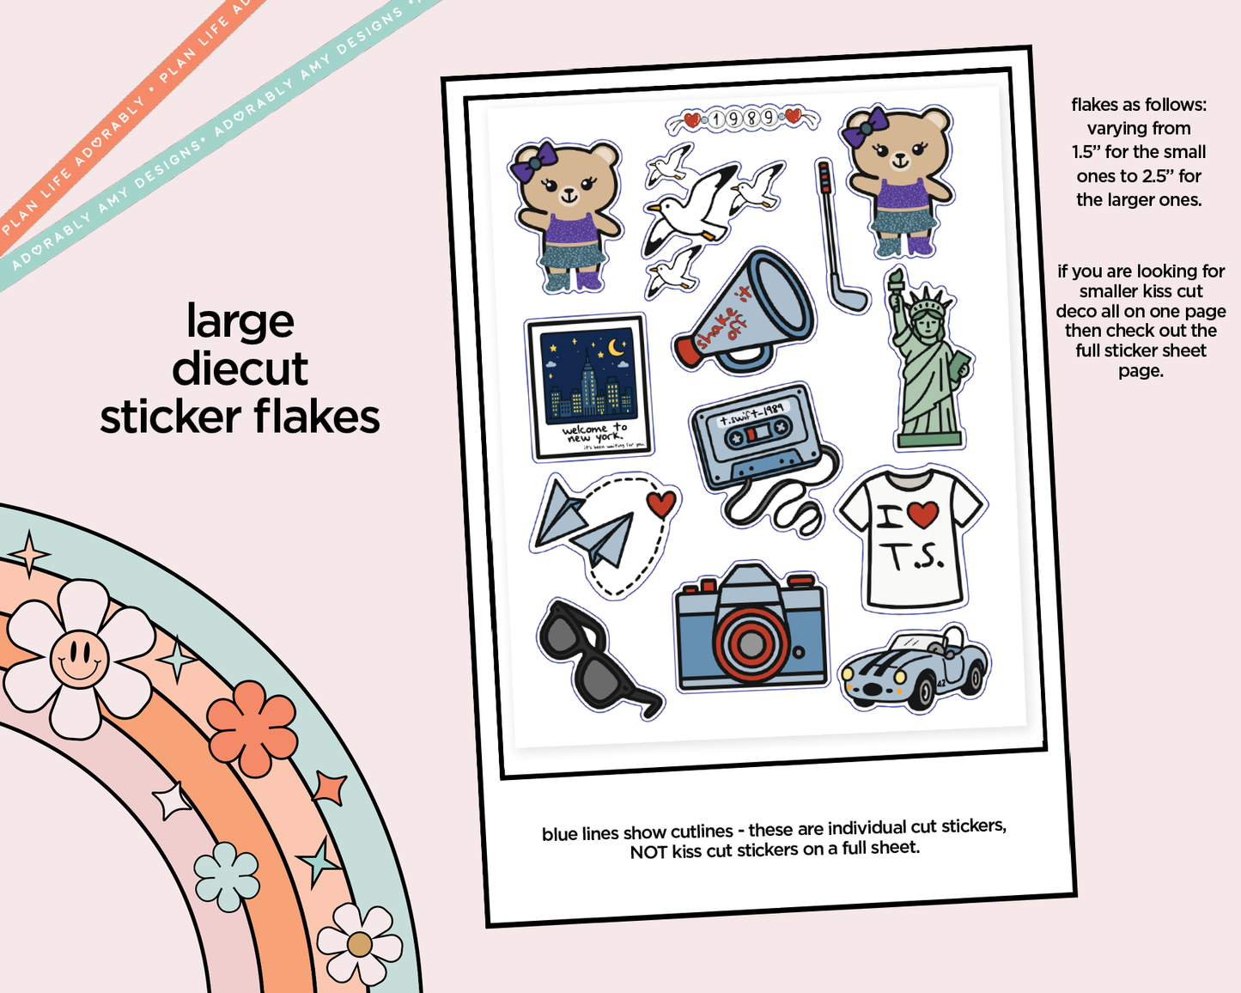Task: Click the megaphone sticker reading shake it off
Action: tap(745, 311)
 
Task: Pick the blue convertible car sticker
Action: tap(916, 667)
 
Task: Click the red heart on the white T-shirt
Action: tap(922, 515)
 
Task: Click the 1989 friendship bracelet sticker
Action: tap(743, 119)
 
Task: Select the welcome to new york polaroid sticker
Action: tap(589, 387)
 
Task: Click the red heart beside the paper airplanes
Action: tap(660, 503)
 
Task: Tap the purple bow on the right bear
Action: tap(862, 126)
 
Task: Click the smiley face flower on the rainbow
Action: tap(79, 658)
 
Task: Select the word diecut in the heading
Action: tap(240, 369)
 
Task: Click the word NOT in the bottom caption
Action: tap(648, 852)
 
